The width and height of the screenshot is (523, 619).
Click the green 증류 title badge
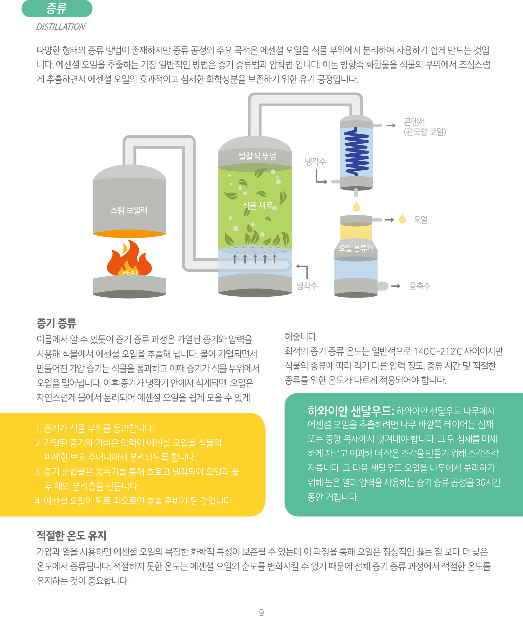[57, 8]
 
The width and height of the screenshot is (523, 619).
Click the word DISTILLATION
[60, 27]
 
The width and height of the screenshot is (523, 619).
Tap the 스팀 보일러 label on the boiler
[129, 210]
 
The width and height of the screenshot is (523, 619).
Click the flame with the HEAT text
[130, 259]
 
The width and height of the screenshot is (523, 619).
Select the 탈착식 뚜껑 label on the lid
[257, 156]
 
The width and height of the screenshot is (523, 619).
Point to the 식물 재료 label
[257, 205]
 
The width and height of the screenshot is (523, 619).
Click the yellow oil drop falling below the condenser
[356, 206]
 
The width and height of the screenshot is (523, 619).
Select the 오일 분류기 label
[356, 248]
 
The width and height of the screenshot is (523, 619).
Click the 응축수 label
[420, 286]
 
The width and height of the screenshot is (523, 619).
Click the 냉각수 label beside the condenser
[315, 162]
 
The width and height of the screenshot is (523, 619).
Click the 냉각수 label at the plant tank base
[307, 286]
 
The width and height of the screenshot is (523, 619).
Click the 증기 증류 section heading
[56, 323]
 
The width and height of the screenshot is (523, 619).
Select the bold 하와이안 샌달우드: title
[351, 411]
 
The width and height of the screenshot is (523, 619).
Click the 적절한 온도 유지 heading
[71, 535]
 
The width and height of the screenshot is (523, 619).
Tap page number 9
[261, 612]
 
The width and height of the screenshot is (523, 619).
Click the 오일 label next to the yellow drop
[421, 220]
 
